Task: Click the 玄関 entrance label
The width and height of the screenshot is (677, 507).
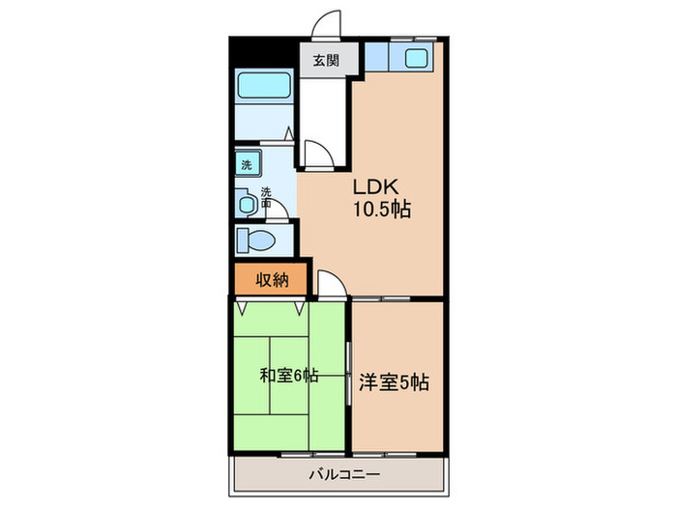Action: click(x=325, y=61)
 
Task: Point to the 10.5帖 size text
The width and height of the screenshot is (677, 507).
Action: click(x=380, y=209)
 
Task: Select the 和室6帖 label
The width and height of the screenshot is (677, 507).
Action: click(x=289, y=377)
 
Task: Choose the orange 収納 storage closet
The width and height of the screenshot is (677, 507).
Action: click(x=272, y=281)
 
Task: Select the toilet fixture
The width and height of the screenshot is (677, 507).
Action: click(x=256, y=240)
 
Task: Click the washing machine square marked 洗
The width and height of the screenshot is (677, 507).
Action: click(x=246, y=164)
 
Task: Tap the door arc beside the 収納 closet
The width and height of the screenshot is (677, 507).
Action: click(x=328, y=284)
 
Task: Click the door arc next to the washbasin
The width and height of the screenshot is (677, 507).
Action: click(x=276, y=201)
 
